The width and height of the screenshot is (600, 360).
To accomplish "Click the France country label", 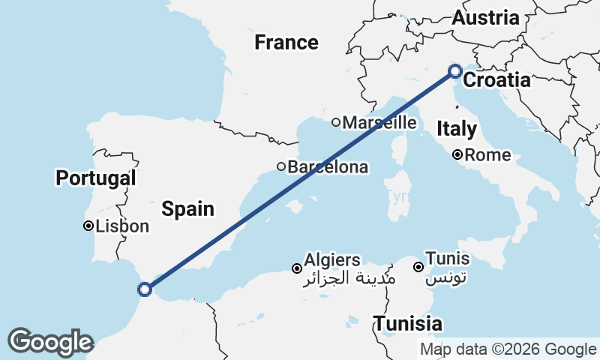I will click(x=286, y=42).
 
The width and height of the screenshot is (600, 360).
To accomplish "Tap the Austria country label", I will click(x=484, y=18).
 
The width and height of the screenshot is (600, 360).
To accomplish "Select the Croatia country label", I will click(x=497, y=80).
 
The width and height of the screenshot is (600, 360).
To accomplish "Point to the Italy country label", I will click(x=456, y=129).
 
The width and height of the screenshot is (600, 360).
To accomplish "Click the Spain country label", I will click(x=189, y=209).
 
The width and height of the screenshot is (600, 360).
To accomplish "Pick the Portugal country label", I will click(x=96, y=178).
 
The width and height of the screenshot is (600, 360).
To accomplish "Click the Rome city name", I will click(x=487, y=156).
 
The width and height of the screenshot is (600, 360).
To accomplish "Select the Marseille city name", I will click(x=380, y=122).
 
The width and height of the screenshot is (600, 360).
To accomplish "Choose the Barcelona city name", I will click(x=328, y=166).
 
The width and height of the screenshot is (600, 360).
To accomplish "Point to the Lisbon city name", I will click(x=122, y=226).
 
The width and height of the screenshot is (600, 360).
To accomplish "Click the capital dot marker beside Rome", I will click(x=457, y=156).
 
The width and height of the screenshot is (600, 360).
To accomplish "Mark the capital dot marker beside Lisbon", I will click(x=88, y=226).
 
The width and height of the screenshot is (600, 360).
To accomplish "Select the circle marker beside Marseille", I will click(x=337, y=122).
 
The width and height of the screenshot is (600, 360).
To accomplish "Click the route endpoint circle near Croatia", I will click(x=454, y=71).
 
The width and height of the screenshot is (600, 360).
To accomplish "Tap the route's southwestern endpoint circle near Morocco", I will click(x=145, y=288).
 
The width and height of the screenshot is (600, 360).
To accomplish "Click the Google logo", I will click(x=50, y=342).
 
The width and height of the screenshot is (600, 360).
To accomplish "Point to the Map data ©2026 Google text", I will click(x=508, y=349).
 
